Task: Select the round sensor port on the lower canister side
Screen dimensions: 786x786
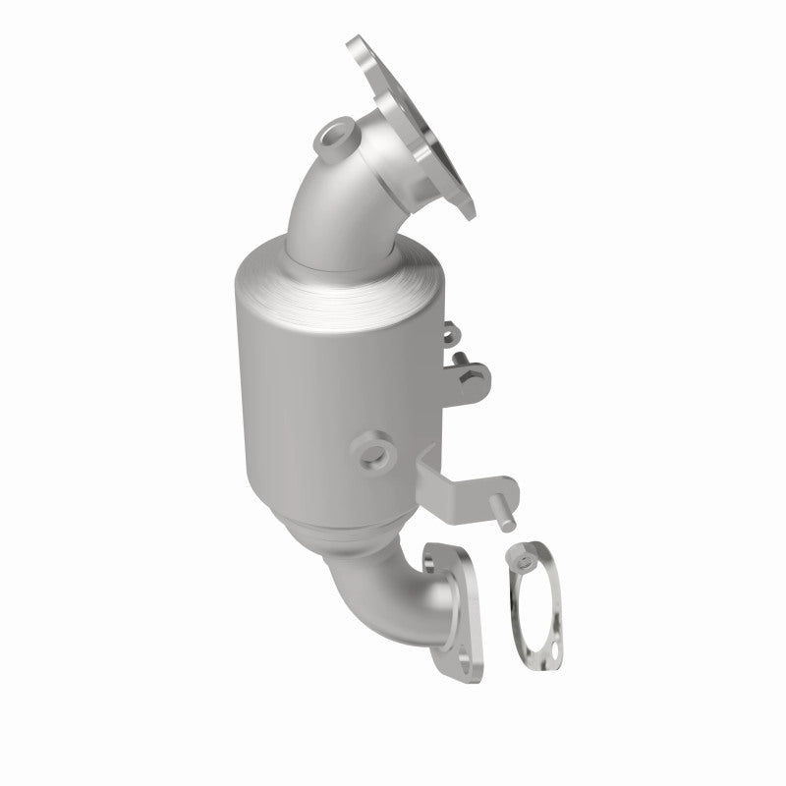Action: pyautogui.click(x=373, y=453)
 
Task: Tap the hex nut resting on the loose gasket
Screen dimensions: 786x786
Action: pyautogui.click(x=525, y=560)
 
